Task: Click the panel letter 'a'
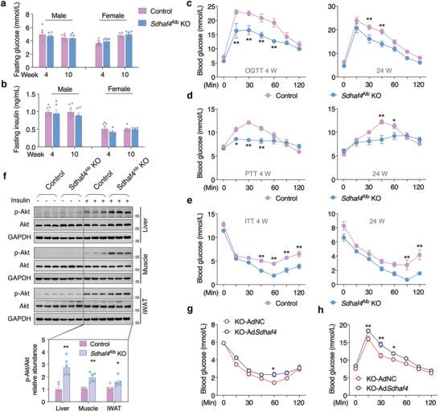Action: click(x=5, y=6)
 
